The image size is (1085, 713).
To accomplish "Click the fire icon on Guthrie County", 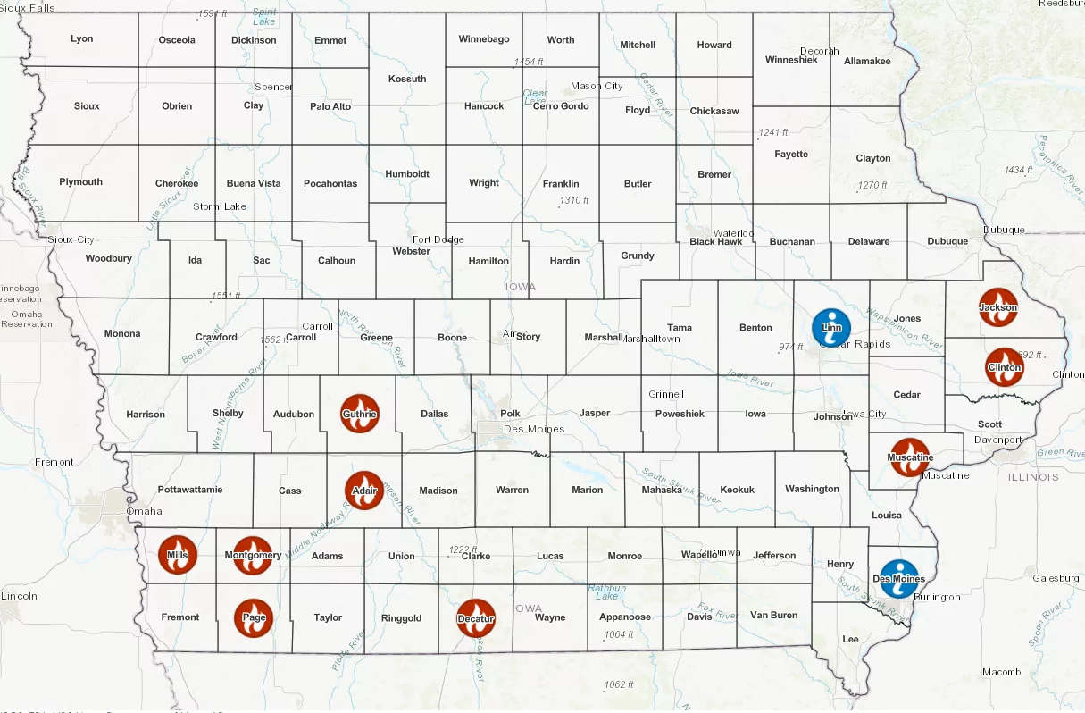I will click(360, 414).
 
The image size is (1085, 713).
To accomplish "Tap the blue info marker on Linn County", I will click(831, 328).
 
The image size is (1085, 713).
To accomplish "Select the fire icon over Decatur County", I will click(476, 618).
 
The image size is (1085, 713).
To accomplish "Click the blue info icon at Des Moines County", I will click(898, 578).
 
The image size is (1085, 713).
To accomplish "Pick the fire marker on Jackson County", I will click(998, 307).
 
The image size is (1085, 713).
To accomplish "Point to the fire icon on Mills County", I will click(178, 555).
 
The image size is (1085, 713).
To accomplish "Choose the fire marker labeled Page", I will click(254, 617).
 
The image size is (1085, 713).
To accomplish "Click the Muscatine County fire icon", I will click(910, 457).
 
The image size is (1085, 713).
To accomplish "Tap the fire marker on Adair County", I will click(364, 491).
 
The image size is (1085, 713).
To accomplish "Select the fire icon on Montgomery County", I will click(253, 555).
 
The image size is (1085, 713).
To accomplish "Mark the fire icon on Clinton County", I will click(1005, 367).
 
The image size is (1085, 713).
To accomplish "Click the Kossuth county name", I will click(407, 79).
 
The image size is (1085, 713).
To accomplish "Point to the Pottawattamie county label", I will click(191, 490).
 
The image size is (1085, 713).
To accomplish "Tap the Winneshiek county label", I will click(791, 60).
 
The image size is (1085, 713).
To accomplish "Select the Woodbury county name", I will click(109, 258).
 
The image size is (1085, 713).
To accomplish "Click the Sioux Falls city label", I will click(28, 7).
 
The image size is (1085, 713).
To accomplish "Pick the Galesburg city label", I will click(1056, 578).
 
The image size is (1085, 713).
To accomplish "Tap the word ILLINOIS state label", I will click(1033, 476).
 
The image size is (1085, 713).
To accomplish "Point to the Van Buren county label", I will click(773, 615).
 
